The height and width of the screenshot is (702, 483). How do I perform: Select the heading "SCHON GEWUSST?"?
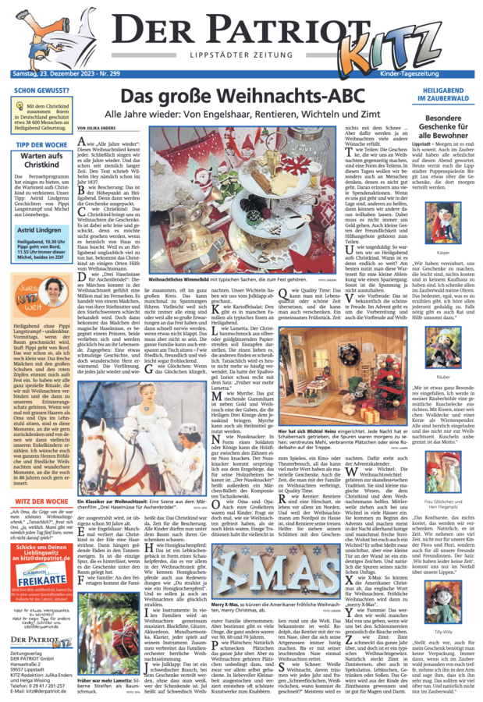pyautogui.click(x=40, y=90)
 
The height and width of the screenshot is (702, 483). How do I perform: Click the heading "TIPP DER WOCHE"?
pyautogui.click(x=40, y=146)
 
